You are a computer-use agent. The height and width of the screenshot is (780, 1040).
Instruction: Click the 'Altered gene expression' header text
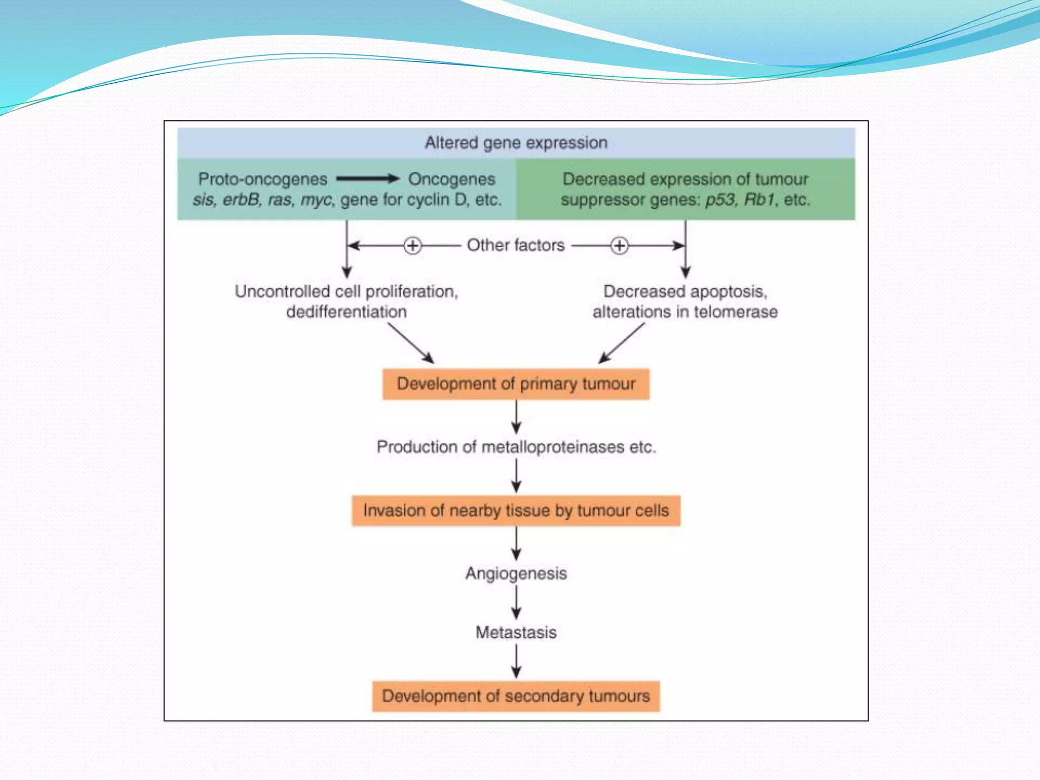516,143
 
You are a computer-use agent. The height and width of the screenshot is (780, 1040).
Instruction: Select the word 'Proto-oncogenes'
263,179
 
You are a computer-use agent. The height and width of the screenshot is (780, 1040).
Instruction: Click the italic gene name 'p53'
720,200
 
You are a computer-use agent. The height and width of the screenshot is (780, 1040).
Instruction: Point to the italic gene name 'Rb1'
760,200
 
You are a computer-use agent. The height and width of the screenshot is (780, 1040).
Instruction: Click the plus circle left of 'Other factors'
412,246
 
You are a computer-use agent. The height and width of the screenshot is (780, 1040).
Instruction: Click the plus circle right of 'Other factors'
619,246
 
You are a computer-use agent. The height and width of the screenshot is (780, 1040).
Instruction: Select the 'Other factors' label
515,245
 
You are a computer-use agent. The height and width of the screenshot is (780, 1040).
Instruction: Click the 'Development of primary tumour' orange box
516,384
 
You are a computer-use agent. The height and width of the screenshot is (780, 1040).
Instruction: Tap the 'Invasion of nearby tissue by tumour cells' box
516,510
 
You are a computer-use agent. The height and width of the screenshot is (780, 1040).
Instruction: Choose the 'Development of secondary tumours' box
516,696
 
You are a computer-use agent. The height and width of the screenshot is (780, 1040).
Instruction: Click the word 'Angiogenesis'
516,573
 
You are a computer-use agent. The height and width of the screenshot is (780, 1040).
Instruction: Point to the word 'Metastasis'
516,633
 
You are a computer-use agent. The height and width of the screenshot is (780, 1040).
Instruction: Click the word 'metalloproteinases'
552,447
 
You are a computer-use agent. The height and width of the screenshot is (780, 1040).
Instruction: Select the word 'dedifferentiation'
346,312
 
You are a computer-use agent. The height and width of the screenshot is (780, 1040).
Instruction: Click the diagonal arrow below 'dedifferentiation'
411,343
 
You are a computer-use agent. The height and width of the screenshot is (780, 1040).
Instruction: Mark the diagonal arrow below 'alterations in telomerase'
622,343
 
